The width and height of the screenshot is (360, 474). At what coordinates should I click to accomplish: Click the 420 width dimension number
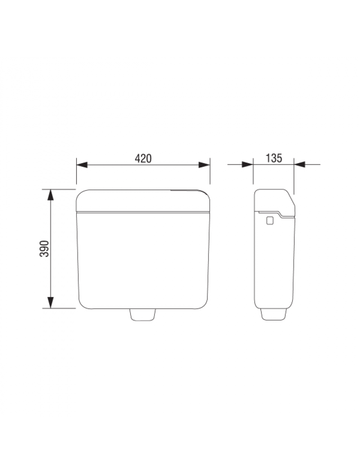coord(143,158)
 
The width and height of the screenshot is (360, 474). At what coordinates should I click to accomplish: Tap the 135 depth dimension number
coord(274,158)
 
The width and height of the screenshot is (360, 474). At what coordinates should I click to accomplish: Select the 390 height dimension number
coord(45,248)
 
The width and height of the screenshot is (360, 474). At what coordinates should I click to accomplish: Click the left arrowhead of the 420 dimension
coord(82,165)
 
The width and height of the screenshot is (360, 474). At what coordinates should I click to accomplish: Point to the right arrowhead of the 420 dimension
coord(204,165)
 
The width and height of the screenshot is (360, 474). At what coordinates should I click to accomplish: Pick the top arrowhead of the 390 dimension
coord(51,195)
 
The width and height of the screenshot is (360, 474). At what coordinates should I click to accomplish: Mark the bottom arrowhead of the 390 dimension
coord(51,302)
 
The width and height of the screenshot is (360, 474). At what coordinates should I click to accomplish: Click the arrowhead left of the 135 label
coord(247,164)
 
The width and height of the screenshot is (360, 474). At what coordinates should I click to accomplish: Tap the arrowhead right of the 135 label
coord(299,164)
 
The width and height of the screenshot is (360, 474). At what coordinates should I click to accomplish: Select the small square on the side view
coord(270,221)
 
